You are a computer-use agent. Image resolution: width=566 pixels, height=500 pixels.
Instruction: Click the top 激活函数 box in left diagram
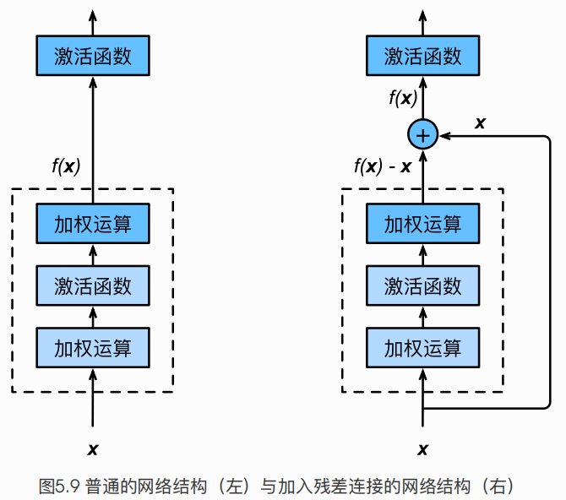pyautogui.click(x=93, y=57)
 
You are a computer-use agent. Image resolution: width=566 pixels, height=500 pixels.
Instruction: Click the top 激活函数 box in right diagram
pyautogui.click(x=422, y=57)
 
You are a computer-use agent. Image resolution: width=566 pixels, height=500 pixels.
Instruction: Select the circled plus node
pyautogui.click(x=422, y=134)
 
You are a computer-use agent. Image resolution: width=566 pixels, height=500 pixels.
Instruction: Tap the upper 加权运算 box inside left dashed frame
pyautogui.click(x=93, y=225)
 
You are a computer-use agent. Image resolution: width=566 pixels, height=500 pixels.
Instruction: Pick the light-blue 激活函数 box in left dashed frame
pyautogui.click(x=93, y=285)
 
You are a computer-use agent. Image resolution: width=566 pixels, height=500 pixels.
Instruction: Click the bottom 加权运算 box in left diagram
pyautogui.click(x=93, y=347)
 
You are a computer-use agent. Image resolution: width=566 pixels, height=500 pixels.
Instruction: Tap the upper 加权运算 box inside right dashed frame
pyautogui.click(x=422, y=225)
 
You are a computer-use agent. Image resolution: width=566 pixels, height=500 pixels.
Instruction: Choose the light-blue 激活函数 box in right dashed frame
pyautogui.click(x=422, y=285)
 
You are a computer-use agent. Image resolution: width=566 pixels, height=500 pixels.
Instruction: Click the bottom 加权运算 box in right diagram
pyautogui.click(x=422, y=347)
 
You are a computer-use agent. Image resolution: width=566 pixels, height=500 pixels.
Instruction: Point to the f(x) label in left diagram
pyautogui.click(x=66, y=166)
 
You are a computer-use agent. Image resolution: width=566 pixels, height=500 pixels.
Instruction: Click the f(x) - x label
pyautogui.click(x=382, y=166)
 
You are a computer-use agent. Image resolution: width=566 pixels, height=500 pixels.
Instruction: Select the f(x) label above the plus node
pyautogui.click(x=402, y=98)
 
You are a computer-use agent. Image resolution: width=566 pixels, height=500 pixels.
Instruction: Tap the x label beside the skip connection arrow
pyautogui.click(x=480, y=122)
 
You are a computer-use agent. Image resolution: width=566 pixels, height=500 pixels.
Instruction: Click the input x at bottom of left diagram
pyautogui.click(x=93, y=448)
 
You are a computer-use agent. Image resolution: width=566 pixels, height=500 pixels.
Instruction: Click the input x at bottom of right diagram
pyautogui.click(x=422, y=448)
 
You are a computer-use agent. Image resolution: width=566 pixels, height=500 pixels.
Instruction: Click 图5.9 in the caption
pyautogui.click(x=58, y=486)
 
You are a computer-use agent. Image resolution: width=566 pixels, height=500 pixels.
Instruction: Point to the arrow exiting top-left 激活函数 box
pyautogui.click(x=93, y=21)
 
